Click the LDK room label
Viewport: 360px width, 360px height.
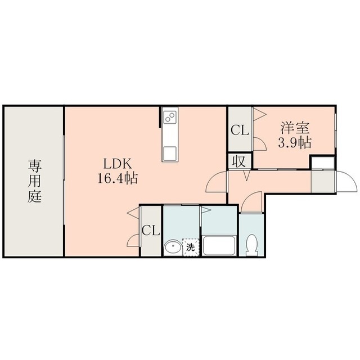tap(118, 164)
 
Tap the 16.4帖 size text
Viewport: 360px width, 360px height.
tap(118, 178)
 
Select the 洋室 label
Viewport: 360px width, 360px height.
tap(295, 128)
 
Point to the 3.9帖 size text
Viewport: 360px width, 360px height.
tap(295, 142)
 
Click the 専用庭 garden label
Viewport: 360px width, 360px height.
tap(35, 181)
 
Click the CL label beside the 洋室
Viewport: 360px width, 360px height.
tap(240, 130)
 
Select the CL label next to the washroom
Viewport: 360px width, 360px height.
tap(151, 230)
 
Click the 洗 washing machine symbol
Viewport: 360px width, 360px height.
tap(191, 247)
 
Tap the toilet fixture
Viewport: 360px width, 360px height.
tap(251, 245)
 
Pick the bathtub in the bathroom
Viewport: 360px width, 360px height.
tap(219, 245)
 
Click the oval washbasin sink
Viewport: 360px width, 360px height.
tap(173, 247)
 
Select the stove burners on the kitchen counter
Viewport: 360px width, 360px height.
tap(170, 117)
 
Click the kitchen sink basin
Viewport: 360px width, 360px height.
tap(170, 153)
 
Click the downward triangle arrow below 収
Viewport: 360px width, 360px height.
tap(246, 175)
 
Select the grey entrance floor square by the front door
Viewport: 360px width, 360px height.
tap(323, 182)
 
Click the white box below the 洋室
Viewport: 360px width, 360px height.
tap(323, 163)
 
